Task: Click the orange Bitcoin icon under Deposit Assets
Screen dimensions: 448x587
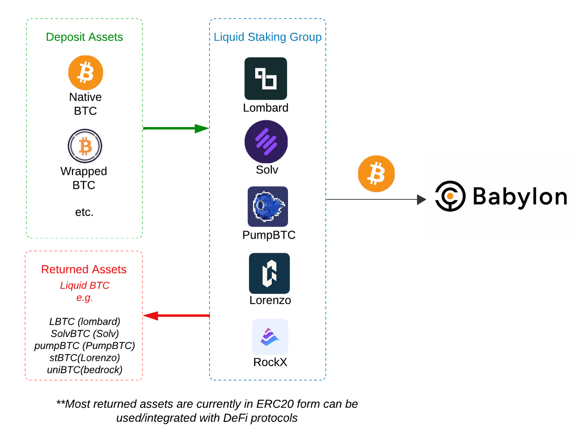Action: [x=85, y=73]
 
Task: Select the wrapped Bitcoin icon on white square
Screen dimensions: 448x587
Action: [x=85, y=145]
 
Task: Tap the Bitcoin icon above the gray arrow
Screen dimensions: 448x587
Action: [x=376, y=174]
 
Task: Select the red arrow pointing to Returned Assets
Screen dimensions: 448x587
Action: [x=176, y=315]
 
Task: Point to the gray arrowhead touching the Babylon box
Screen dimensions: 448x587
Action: [x=421, y=200]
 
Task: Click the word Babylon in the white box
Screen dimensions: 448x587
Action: [x=520, y=196]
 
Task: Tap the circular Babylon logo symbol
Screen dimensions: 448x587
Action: [x=450, y=196]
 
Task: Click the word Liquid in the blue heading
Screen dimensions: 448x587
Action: [x=229, y=37]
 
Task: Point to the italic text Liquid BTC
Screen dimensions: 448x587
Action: [x=85, y=285]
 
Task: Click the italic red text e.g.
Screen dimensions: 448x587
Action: [x=84, y=297]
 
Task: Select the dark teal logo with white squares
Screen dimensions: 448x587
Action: [x=266, y=79]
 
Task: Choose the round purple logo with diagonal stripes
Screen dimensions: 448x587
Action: [x=266, y=142]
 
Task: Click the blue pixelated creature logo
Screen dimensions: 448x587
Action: [x=268, y=206]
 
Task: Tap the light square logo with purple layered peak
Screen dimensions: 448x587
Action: [x=270, y=337]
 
